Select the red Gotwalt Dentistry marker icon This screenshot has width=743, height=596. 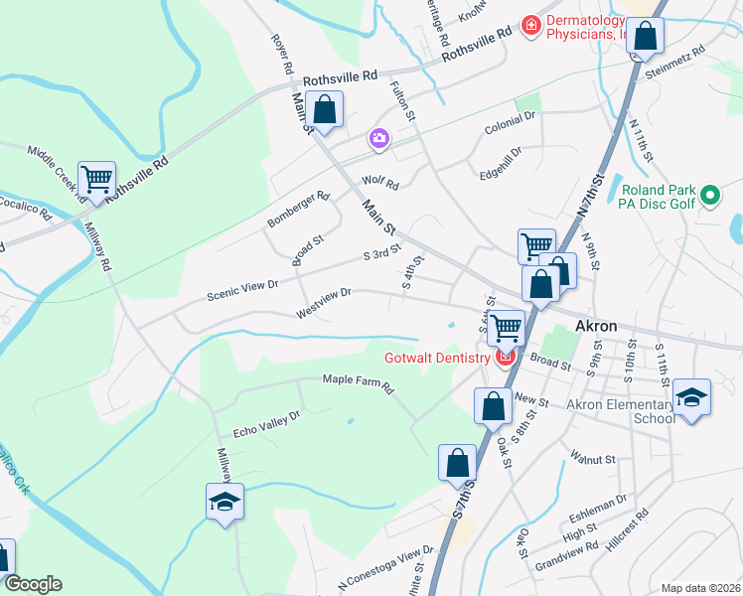tap(505, 358)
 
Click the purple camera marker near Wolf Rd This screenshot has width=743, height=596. tap(377, 140)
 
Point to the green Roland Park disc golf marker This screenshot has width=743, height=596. tap(710, 196)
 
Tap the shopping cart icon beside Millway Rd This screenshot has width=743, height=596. tap(96, 181)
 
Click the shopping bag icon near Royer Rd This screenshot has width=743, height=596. tap(324, 107)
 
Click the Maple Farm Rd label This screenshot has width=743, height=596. tap(358, 381)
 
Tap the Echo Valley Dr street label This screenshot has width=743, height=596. tap(265, 423)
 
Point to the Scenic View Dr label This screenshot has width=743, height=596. tap(243, 289)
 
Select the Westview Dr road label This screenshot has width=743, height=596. tap(324, 303)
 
